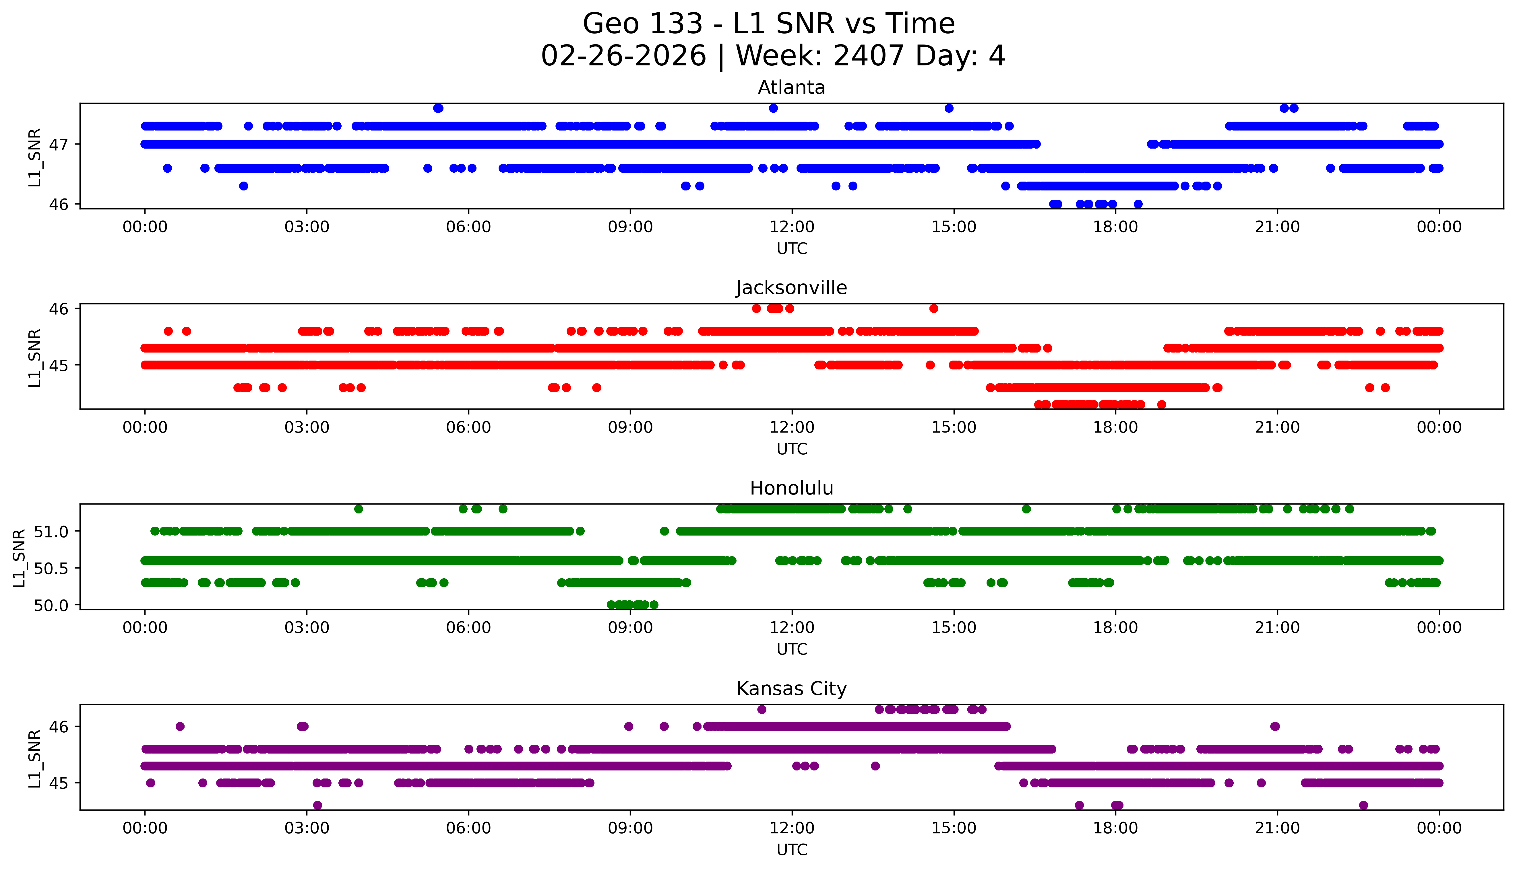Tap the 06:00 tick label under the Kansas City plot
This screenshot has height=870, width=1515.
pos(468,828)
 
